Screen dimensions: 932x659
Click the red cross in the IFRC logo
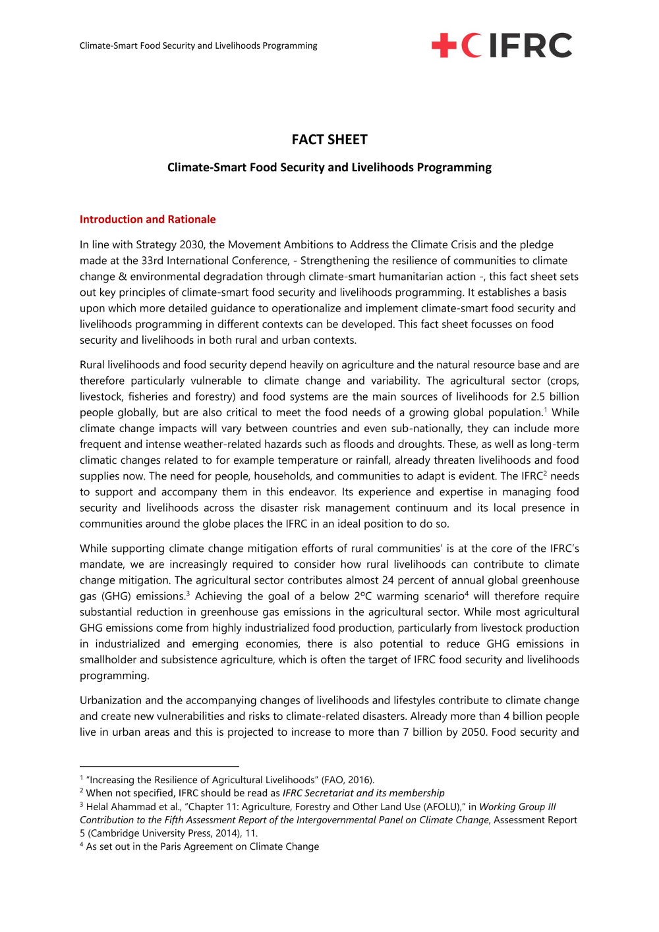pyautogui.click(x=444, y=45)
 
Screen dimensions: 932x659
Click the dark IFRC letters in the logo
pyautogui.click(x=530, y=45)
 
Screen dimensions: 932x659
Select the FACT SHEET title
pyautogui.click(x=329, y=140)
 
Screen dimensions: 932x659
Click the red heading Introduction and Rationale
pyautogui.click(x=148, y=219)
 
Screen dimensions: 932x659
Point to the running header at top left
pyautogui.click(x=198, y=45)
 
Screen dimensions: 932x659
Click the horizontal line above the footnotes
pyautogui.click(x=159, y=766)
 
